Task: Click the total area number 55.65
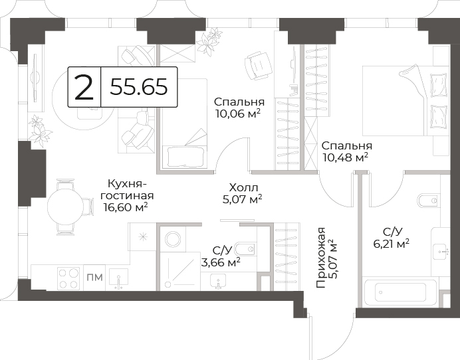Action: (x=139, y=87)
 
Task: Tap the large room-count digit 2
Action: (x=84, y=87)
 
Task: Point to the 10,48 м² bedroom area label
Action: (x=346, y=157)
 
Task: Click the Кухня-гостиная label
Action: (x=127, y=190)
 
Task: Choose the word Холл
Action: (x=243, y=187)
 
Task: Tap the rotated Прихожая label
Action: (x=321, y=258)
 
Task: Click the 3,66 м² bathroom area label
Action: (x=221, y=262)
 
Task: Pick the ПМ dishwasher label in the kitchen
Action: (x=95, y=277)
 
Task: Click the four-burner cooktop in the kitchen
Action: (x=68, y=278)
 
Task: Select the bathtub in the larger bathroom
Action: (x=400, y=292)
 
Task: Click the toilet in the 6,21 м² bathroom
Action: (x=428, y=201)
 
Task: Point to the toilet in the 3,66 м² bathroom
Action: (x=245, y=249)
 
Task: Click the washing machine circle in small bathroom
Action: (x=172, y=239)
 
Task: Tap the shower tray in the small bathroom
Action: (x=180, y=271)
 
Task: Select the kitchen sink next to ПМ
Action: (x=118, y=278)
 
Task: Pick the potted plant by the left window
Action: (x=40, y=130)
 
